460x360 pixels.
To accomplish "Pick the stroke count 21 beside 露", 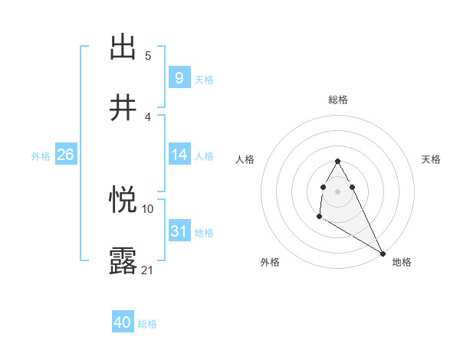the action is (147, 270).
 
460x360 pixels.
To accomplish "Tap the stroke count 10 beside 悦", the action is (147, 208).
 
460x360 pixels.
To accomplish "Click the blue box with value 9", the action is (179, 77).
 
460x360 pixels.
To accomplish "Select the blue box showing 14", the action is (179, 155).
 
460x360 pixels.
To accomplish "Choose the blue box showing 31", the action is (179, 231).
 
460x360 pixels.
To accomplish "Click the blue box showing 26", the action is (65, 155).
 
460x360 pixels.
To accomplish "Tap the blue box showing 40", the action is (123, 323).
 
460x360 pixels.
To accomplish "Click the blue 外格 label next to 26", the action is (41, 155).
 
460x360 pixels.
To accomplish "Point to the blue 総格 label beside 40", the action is (147, 324).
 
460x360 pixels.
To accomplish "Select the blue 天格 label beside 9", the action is (204, 79).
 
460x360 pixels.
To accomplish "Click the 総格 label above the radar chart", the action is (337, 100).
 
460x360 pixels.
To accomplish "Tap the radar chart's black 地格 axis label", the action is (402, 262).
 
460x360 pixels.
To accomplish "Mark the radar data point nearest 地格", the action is (383, 253).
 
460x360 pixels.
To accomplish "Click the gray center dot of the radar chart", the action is (337, 190).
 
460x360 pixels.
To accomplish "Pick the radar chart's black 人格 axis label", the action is (245, 159).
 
